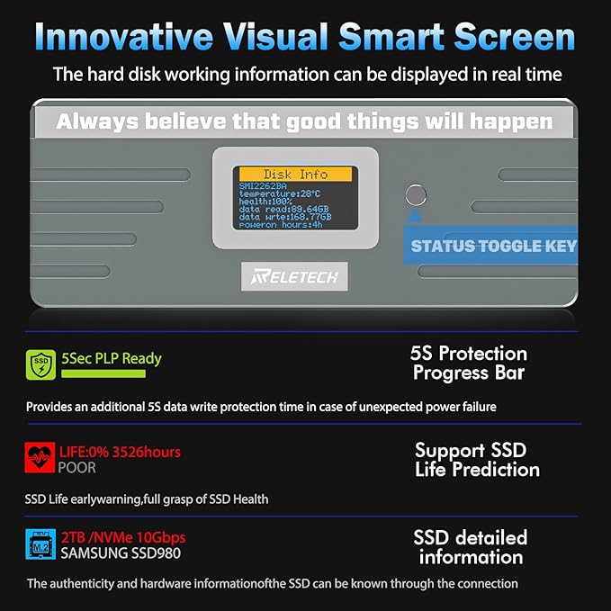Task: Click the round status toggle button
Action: (416, 195)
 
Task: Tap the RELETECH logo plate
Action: (294, 276)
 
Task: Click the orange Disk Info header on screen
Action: (295, 175)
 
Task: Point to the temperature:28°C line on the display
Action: (280, 193)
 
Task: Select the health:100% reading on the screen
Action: (265, 202)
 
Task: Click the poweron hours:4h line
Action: (281, 225)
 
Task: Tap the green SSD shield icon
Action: (40, 364)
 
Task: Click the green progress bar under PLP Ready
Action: (103, 373)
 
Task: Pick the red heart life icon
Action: (40, 457)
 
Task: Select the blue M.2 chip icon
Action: (40, 544)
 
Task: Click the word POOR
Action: (76, 468)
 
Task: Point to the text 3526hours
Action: (146, 452)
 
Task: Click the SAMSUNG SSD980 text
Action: (121, 553)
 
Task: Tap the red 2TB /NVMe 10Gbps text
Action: (123, 538)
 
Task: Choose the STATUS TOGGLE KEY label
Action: (494, 247)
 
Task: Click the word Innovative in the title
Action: (124, 36)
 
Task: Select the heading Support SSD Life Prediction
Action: (477, 460)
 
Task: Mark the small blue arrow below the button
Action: (416, 215)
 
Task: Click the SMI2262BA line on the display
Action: (263, 186)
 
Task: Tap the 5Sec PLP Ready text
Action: (112, 358)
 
